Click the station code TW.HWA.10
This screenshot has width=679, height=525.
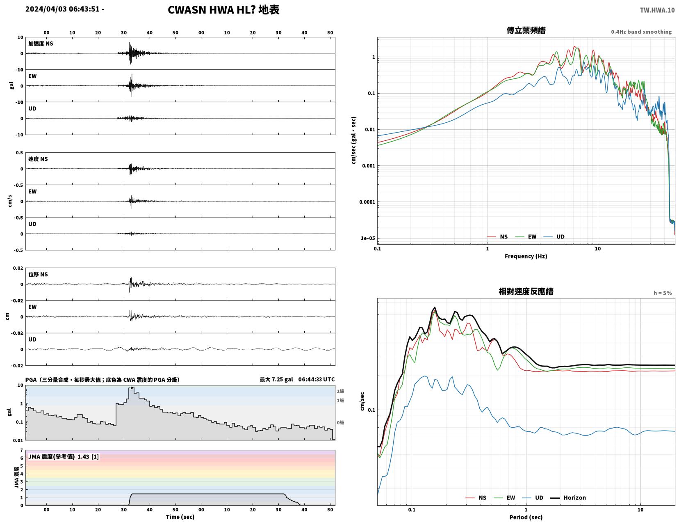pyautogui.click(x=657, y=10)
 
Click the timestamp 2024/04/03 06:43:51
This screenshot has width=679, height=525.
pyautogui.click(x=62, y=9)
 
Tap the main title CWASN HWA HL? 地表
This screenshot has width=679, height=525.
pyautogui.click(x=223, y=10)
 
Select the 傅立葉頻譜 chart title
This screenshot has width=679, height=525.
pyautogui.click(x=526, y=30)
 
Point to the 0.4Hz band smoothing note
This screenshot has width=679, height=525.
pyautogui.click(x=641, y=32)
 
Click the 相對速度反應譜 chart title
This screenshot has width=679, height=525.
pyautogui.click(x=526, y=291)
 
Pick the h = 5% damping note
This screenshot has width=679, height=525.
pyautogui.click(x=663, y=293)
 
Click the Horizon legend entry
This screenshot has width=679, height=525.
pyautogui.click(x=568, y=497)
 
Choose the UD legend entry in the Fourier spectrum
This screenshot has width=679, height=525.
pyautogui.click(x=554, y=237)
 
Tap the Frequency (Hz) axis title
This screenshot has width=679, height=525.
pyautogui.click(x=526, y=256)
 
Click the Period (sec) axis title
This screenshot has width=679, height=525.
pyautogui.click(x=526, y=517)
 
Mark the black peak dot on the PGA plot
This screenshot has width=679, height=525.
pyautogui.click(x=132, y=388)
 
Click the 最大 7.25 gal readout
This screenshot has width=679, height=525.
pyautogui.click(x=276, y=379)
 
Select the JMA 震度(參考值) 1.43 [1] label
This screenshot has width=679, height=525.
pyautogui.click(x=64, y=456)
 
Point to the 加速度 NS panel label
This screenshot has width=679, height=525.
pyautogui.click(x=41, y=44)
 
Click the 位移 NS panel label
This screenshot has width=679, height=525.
pyautogui.click(x=38, y=274)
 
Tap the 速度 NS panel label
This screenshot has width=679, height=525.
pyautogui.click(x=38, y=159)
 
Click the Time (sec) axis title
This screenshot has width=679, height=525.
pyautogui.click(x=180, y=517)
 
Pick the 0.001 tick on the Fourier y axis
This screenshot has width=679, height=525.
pyautogui.click(x=368, y=166)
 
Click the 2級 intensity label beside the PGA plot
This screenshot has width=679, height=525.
pyautogui.click(x=340, y=391)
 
